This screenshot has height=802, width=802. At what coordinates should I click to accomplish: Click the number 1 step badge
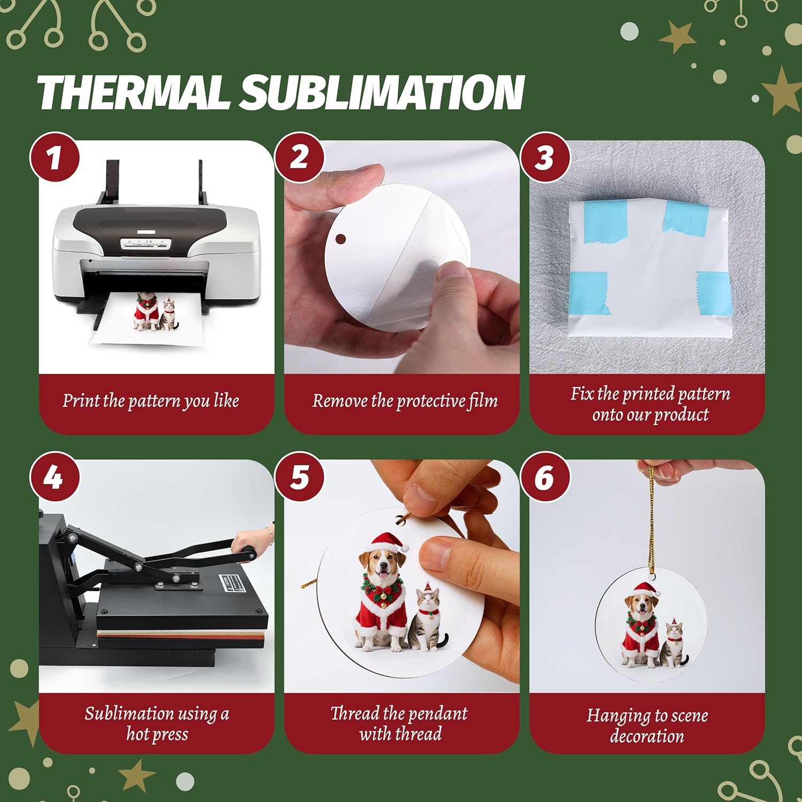54,158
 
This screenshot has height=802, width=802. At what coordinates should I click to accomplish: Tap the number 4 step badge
54,477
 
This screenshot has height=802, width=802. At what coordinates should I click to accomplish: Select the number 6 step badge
544,477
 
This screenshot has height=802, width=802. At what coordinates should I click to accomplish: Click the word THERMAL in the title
134,92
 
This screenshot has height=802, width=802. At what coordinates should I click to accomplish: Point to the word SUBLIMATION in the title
381,92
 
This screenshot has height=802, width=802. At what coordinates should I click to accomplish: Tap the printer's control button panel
145,244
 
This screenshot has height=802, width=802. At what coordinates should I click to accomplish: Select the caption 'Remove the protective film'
405,401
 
